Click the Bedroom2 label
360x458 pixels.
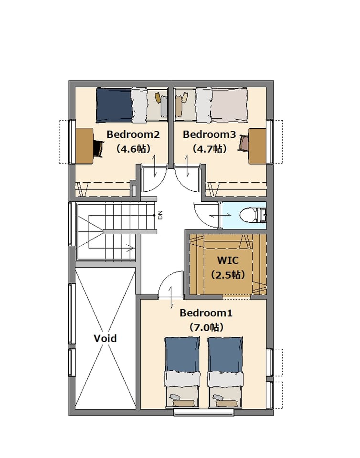coord(133,135)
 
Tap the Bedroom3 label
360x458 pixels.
coord(209,135)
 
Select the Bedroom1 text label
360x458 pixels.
coord(206,313)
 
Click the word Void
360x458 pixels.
coord(105,338)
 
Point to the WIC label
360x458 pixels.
coord(228,260)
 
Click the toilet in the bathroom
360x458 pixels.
coord(253,216)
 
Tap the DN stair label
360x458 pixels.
coord(160,215)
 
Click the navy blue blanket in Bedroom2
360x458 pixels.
coord(114,105)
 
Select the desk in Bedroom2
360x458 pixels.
coord(85,146)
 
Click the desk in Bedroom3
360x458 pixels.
coord(257,146)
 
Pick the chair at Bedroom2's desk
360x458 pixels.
coord(99,148)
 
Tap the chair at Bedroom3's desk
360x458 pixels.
coord(244,143)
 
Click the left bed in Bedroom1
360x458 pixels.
coord(183,373)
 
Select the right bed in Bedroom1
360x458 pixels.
coord(225,373)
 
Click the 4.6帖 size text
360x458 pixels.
coord(133,149)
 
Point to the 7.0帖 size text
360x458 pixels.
coord(206,327)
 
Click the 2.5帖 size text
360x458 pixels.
coord(228,275)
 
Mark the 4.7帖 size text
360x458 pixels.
coord(210,149)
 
